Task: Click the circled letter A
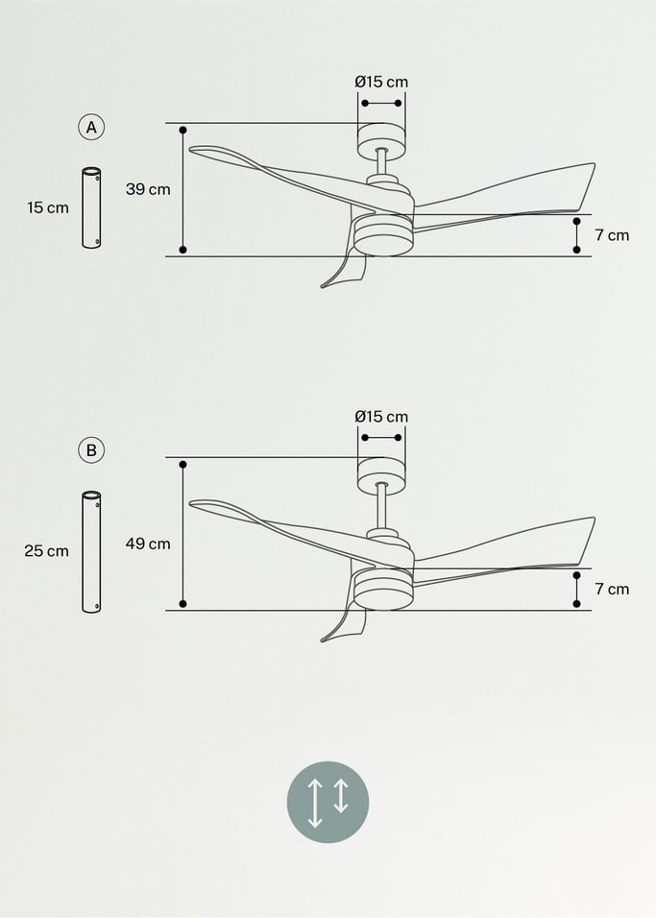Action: pyautogui.click(x=91, y=127)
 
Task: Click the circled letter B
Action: pyautogui.click(x=91, y=449)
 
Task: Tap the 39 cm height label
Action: pyautogui.click(x=148, y=189)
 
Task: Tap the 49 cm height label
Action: pyautogui.click(x=148, y=544)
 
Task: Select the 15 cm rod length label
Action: pyautogui.click(x=48, y=207)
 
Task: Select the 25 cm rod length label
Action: pyautogui.click(x=46, y=551)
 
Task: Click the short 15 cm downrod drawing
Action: pyautogui.click(x=91, y=208)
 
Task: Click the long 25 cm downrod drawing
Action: pyautogui.click(x=91, y=552)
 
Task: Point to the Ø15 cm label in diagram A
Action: pyautogui.click(x=381, y=82)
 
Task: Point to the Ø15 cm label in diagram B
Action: pyautogui.click(x=381, y=417)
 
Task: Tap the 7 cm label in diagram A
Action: pyautogui.click(x=612, y=234)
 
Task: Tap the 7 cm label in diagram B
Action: pyautogui.click(x=612, y=589)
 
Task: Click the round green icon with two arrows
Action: pyautogui.click(x=328, y=802)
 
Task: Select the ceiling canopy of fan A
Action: pyautogui.click(x=381, y=141)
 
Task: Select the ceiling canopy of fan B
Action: pyautogui.click(x=381, y=475)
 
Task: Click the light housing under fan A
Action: pyautogui.click(x=383, y=236)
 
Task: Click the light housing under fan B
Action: pyautogui.click(x=383, y=591)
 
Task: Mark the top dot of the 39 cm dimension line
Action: pyautogui.click(x=183, y=129)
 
